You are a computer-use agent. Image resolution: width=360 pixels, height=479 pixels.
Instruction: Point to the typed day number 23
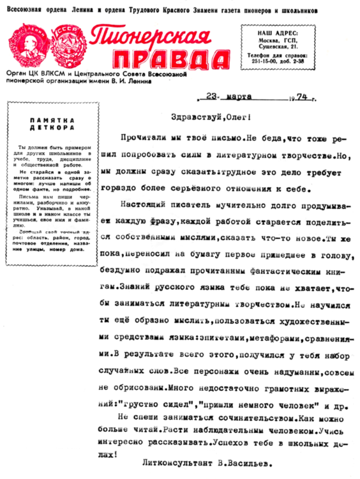tap(213, 96)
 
